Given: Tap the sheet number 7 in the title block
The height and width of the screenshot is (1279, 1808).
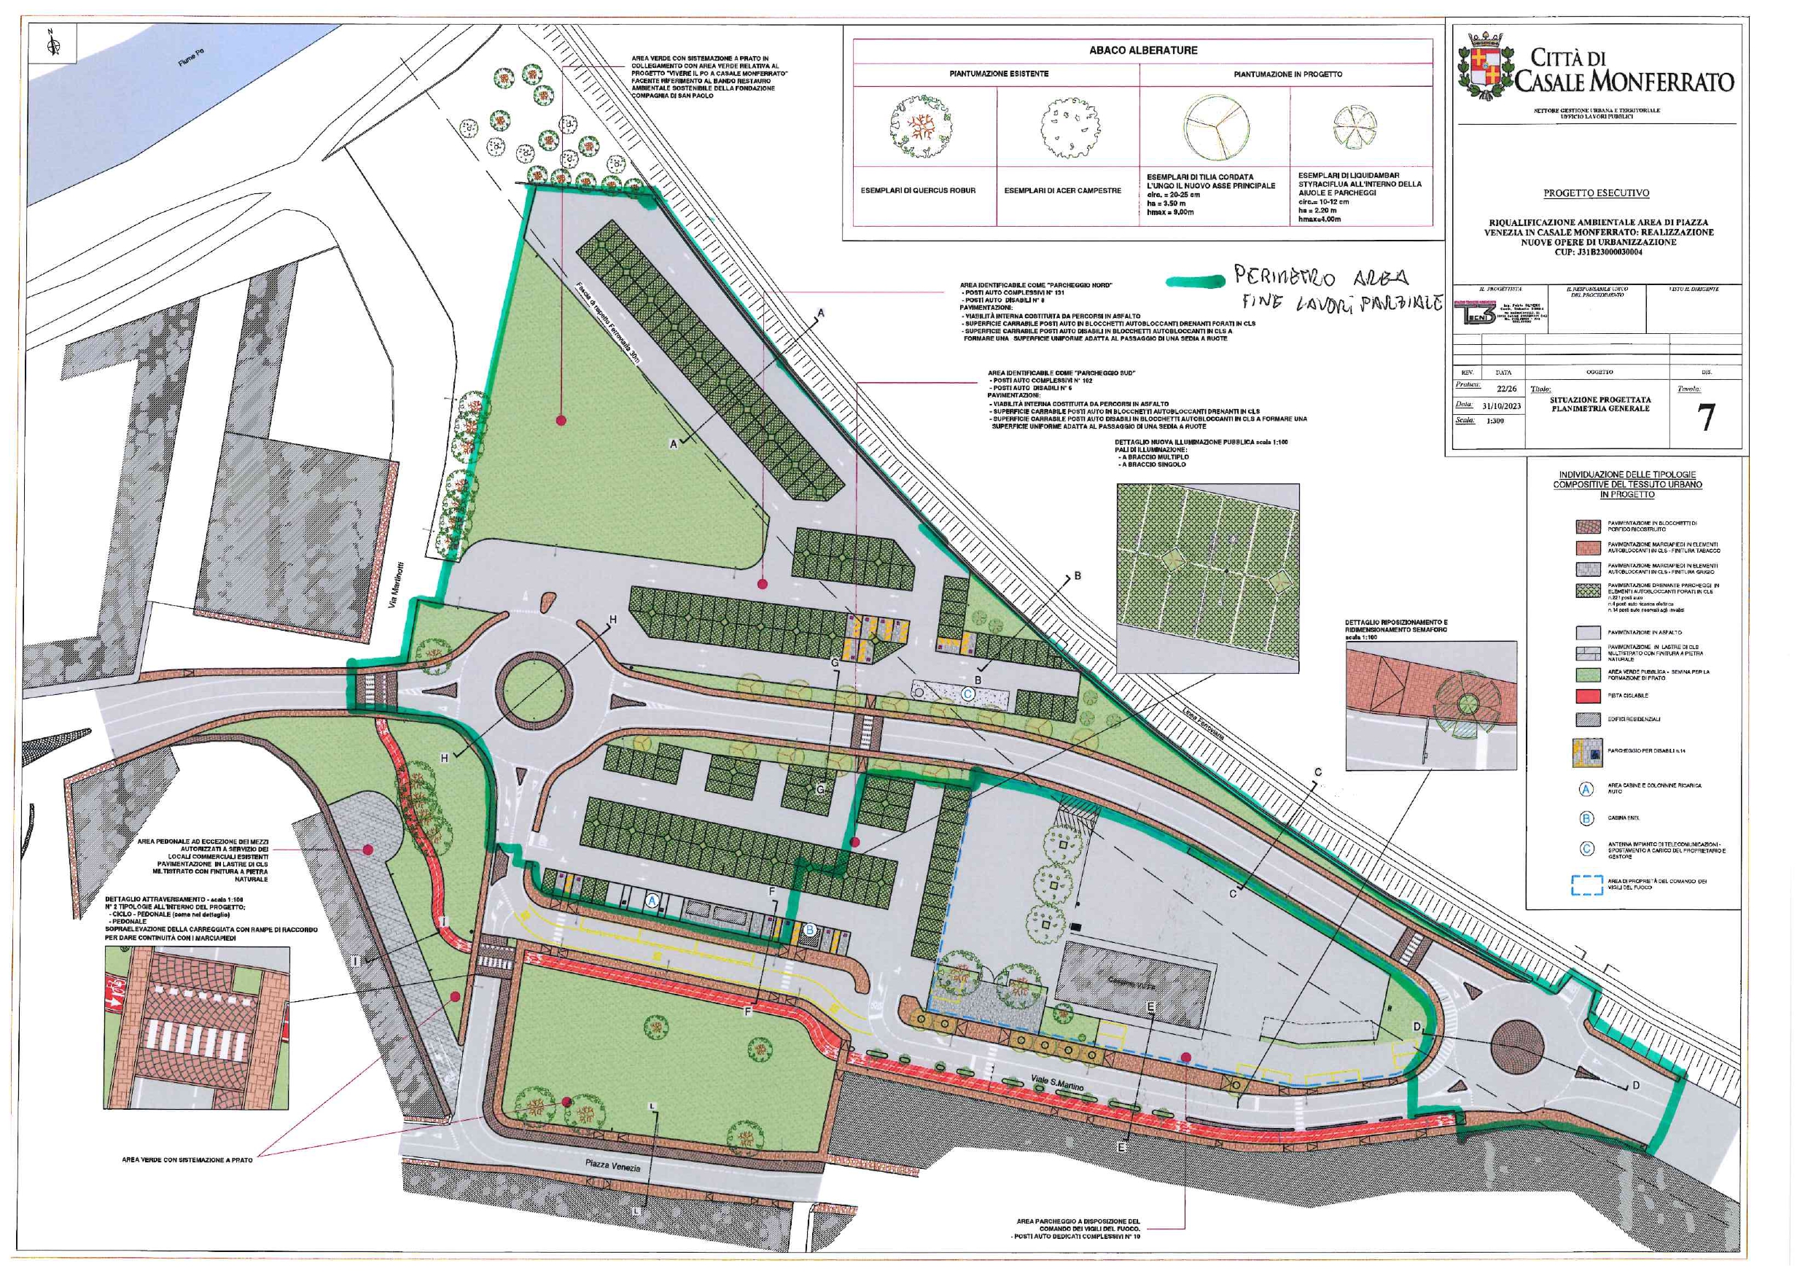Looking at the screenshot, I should (1706, 417).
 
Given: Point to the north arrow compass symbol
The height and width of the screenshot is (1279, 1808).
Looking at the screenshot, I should (52, 43).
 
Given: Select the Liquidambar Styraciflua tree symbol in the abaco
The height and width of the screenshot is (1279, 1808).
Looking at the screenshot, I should (1355, 128).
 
